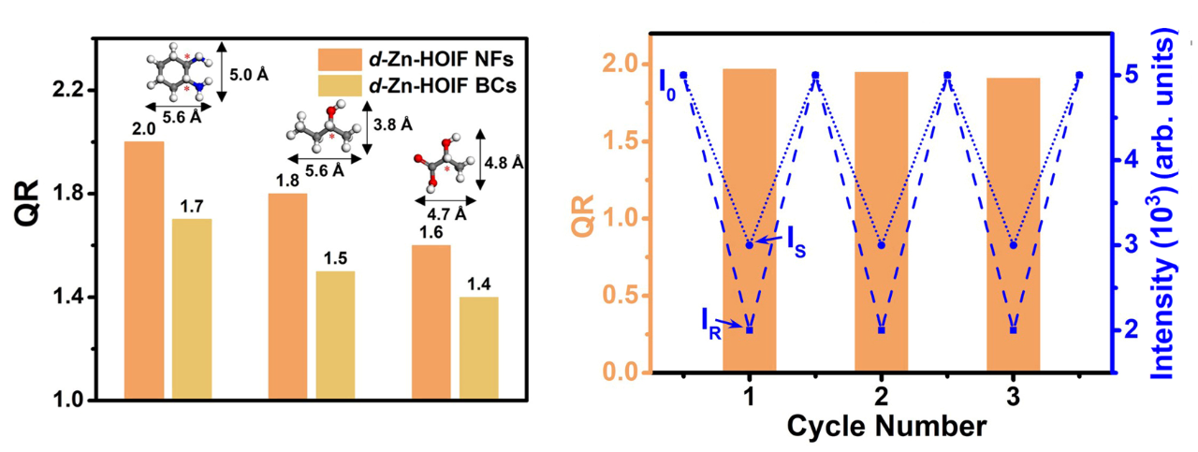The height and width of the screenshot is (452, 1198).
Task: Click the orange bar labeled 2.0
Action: coord(143,271)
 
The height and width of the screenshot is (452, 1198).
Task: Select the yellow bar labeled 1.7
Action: coord(192,310)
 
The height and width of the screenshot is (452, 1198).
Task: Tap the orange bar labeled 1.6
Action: coord(431,323)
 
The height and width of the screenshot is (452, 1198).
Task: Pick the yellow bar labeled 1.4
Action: coord(478,349)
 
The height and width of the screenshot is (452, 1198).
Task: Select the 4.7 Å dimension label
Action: coord(432,213)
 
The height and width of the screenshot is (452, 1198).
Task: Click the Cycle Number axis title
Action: coord(885,427)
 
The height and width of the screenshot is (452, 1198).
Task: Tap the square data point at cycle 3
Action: coord(1013,329)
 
